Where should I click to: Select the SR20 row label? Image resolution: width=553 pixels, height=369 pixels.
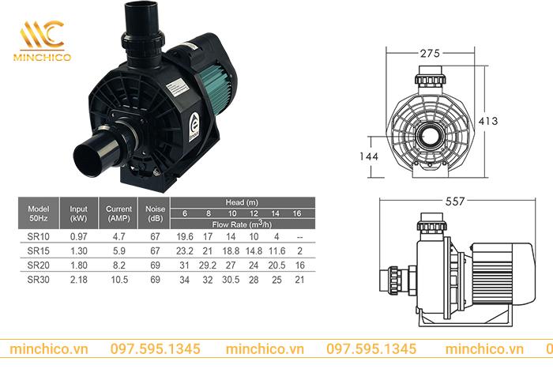point(39,265)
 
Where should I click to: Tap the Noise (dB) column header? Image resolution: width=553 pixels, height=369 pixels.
point(155,213)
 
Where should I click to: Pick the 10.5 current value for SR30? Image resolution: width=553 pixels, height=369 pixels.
point(119,280)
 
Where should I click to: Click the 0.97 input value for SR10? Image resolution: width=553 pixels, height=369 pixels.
point(79,237)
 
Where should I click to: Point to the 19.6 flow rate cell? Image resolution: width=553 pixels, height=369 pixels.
point(185,237)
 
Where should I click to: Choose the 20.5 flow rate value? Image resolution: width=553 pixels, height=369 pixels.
point(276,265)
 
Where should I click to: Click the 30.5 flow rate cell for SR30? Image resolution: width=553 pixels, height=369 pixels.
point(231,280)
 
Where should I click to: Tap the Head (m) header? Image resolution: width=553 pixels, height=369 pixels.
point(242,202)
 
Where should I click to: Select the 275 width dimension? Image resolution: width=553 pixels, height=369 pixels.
point(430,54)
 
